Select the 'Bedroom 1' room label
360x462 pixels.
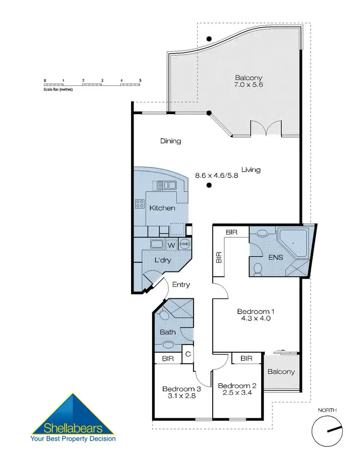(256, 312)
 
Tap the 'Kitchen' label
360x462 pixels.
(162, 208)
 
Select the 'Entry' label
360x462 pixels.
(181, 284)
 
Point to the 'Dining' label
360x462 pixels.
(170, 141)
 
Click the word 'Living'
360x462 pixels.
(251, 169)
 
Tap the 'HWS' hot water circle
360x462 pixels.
(185, 244)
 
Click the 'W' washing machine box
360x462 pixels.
(171, 245)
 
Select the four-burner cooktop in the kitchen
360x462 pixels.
(140, 203)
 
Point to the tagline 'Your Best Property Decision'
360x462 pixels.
(73, 438)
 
